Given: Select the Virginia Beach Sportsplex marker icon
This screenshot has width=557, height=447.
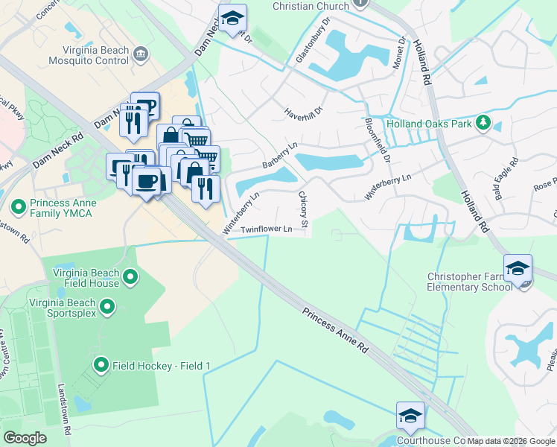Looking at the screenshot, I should click(x=107, y=306).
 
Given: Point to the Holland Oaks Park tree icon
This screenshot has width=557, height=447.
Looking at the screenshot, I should click(x=483, y=122).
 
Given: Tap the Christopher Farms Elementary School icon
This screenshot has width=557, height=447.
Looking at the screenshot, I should click(x=518, y=268).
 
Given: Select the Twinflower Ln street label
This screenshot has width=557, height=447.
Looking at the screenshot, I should click(x=266, y=230).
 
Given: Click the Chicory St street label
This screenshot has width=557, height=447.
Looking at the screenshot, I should click(x=304, y=209).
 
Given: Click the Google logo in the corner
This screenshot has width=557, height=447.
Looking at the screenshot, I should click(x=25, y=438).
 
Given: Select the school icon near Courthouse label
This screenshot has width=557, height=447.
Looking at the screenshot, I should click(x=410, y=416).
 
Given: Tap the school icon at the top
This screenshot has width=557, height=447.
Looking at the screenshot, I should click(x=232, y=18).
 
